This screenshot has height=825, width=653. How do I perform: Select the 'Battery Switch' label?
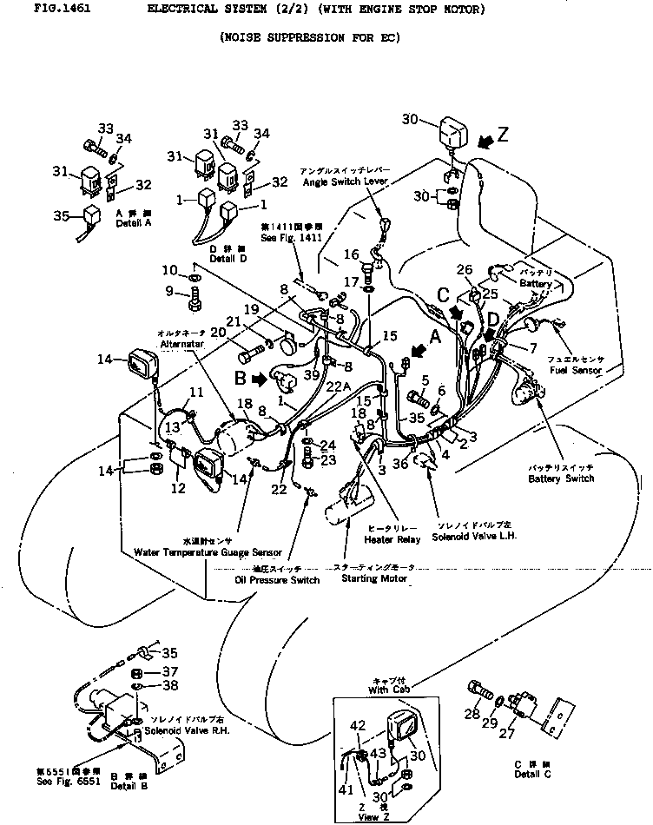[x=562, y=478]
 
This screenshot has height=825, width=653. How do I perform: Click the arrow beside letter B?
[x=259, y=379]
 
